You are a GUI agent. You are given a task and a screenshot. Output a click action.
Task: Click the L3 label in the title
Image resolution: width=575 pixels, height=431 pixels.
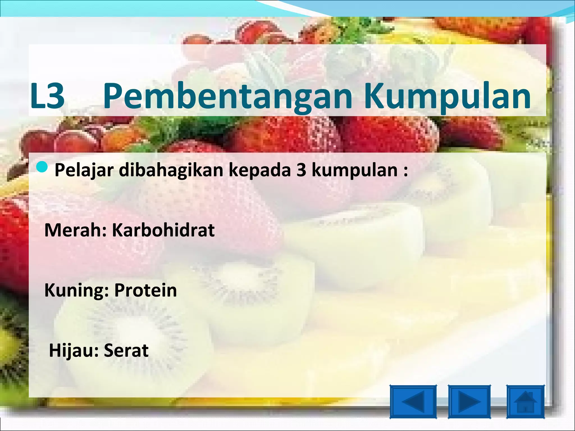click(x=47, y=96)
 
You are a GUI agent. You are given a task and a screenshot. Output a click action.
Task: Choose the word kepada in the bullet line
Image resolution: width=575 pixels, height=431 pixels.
click(x=260, y=170)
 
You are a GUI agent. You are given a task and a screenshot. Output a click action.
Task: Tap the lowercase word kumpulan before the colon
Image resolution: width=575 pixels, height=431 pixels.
click(x=354, y=170)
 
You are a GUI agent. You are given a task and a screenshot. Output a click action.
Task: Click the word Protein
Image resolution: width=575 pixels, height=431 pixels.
click(x=145, y=290)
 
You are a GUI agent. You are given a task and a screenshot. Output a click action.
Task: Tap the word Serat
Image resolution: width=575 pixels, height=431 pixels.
click(x=126, y=350)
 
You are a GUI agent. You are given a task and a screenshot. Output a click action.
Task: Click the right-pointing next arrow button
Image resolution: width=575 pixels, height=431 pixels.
click(x=469, y=402)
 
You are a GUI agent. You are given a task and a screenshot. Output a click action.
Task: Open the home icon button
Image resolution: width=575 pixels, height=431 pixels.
click(x=525, y=402)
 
